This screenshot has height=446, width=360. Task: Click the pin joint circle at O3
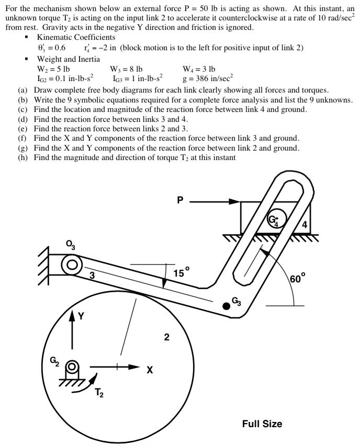pyautogui.click(x=71, y=264)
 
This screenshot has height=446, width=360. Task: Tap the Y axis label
pyautogui.click(x=81, y=316)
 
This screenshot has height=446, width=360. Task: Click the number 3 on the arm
pyautogui.click(x=92, y=276)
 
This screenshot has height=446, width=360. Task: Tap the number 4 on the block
pyautogui.click(x=305, y=225)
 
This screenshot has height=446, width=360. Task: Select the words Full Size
pyautogui.click(x=262, y=424)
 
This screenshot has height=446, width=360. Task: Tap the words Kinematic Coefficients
pyautogui.click(x=76, y=37)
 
